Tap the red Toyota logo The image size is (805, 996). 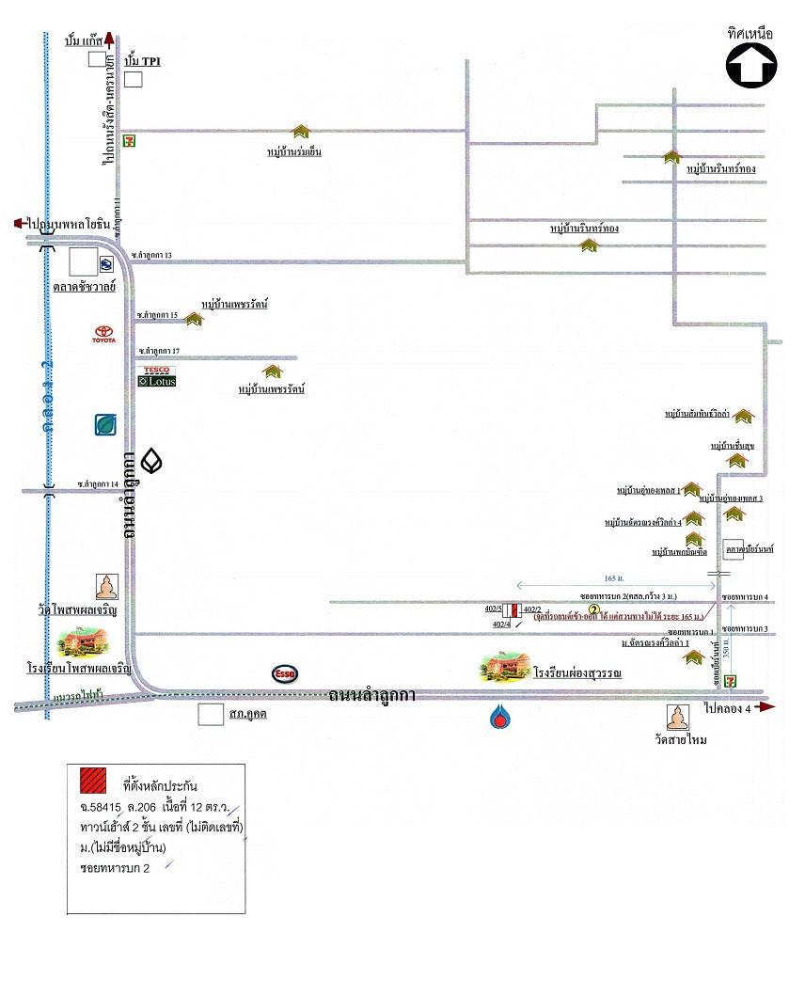point(104,334)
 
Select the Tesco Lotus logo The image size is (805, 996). point(156,376)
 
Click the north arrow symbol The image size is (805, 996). point(751,66)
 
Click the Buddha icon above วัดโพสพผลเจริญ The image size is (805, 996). point(108,587)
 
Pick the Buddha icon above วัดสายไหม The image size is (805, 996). point(679,718)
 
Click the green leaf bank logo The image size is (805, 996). point(105,426)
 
